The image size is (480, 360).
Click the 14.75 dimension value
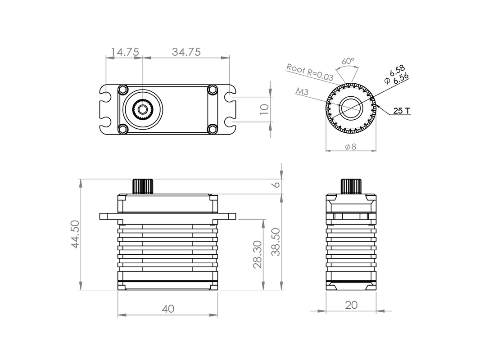(x=124, y=52)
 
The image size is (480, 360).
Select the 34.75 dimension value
(x=186, y=52)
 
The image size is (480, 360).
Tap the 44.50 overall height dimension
(x=75, y=234)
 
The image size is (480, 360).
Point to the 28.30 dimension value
(x=258, y=255)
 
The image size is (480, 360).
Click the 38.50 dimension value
(x=276, y=242)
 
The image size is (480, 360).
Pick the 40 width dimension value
(x=168, y=309)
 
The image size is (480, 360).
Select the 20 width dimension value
(x=351, y=305)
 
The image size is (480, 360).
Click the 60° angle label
(x=348, y=61)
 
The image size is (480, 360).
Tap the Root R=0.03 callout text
(x=309, y=72)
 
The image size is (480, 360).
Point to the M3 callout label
(x=302, y=91)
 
